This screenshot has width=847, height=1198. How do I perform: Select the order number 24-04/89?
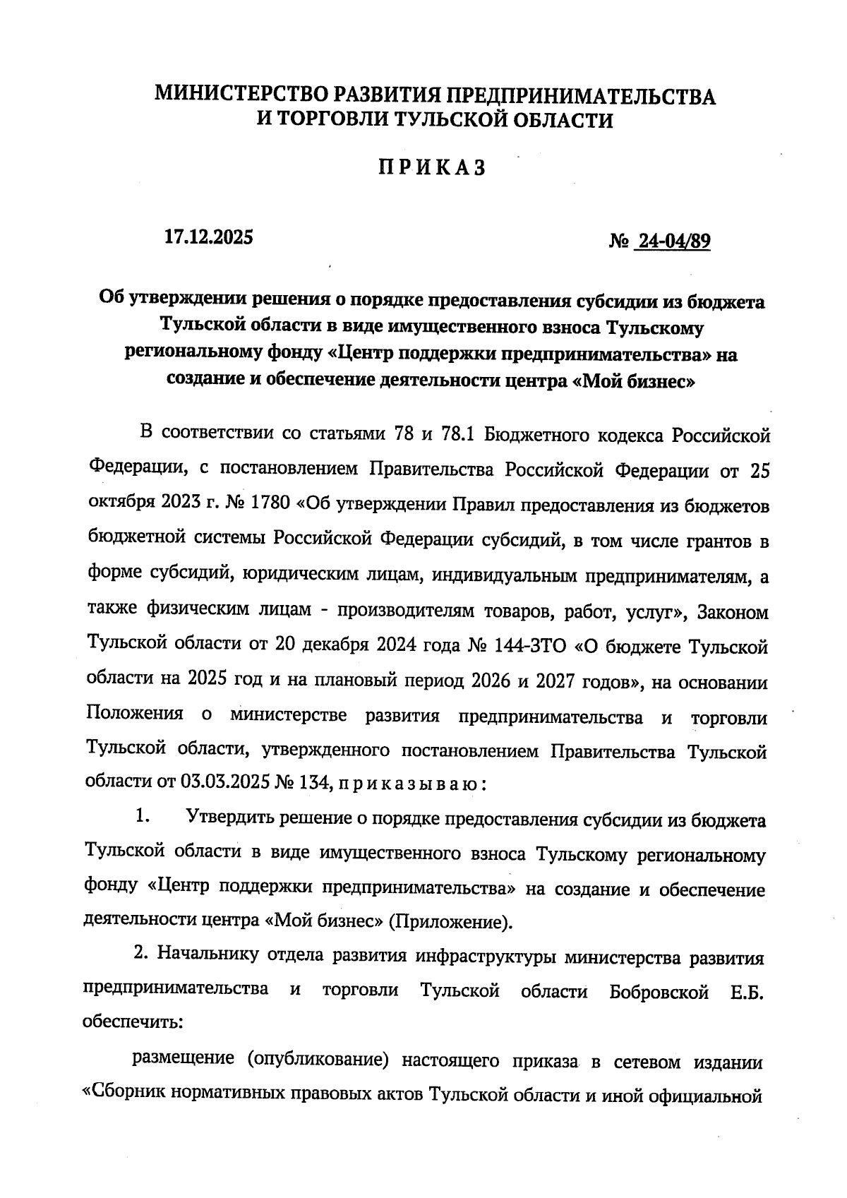671,242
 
